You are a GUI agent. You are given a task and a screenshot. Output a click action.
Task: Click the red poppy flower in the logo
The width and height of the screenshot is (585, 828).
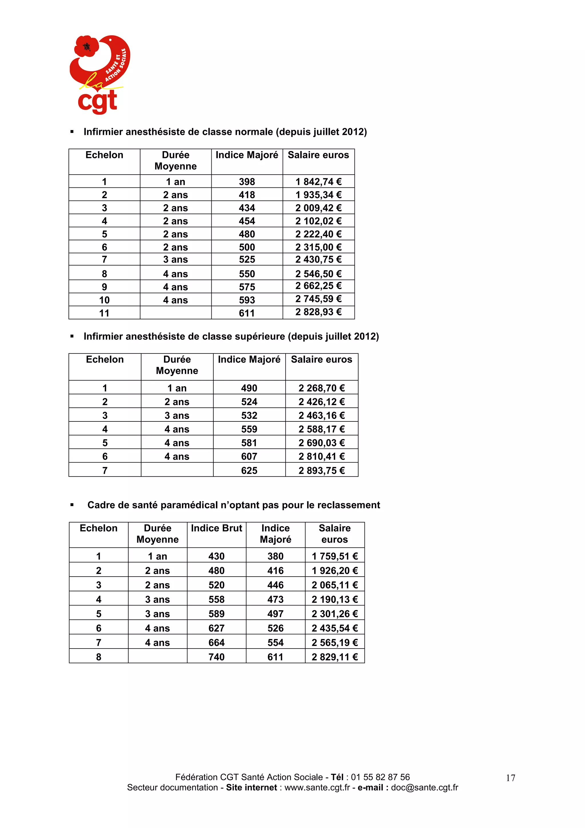coord(86,46)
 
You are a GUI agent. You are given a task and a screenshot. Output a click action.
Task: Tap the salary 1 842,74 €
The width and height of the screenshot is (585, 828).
coord(318,182)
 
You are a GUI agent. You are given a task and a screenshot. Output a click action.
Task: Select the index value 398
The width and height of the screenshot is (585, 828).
coord(247,182)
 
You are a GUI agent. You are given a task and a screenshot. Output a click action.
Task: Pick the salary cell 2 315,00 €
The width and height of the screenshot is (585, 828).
coord(318,247)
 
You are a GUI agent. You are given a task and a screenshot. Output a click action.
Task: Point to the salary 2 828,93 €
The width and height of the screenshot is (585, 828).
coord(318,312)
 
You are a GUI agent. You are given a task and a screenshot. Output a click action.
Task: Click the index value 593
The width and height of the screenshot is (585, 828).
coord(247,300)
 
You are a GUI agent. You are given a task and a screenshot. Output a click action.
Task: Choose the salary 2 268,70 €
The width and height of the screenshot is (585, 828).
coord(322,388)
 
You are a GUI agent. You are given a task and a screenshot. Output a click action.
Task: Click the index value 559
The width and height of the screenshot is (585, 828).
coord(249,429)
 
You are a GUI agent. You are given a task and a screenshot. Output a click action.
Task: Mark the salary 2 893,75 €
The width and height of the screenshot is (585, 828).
coord(322,470)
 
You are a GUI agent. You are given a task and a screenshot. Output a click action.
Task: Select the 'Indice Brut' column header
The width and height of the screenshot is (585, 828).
coord(216,528)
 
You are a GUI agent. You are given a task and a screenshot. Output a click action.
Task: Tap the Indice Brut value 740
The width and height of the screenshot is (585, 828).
coord(216,657)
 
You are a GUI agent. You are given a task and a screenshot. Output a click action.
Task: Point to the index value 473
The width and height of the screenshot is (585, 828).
coord(275,599)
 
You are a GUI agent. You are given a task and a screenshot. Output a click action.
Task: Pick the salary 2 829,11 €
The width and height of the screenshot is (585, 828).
coord(334,657)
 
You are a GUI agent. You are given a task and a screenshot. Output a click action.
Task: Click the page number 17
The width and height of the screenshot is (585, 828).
coord(510,778)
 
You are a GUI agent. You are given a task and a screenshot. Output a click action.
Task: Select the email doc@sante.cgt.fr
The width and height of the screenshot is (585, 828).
coord(424,788)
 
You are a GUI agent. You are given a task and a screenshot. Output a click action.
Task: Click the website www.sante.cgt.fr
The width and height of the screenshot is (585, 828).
coord(317,788)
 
